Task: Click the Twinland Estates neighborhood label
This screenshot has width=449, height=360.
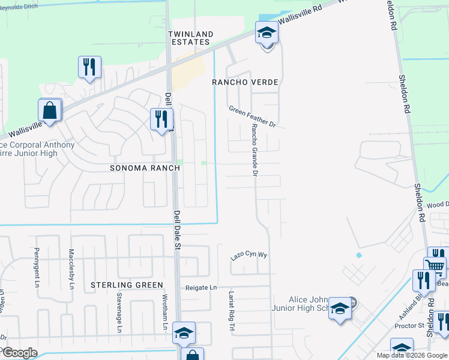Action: point(189,38)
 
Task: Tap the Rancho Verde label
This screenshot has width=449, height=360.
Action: point(246,82)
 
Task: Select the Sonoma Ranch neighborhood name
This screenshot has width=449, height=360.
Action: point(145,168)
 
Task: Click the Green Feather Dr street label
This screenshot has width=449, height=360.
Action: point(252,116)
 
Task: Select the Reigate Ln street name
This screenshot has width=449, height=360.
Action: point(201,288)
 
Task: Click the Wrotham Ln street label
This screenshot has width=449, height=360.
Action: point(164,313)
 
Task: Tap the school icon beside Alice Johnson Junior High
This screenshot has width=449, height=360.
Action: point(340,309)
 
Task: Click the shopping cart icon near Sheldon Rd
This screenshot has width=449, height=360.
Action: point(435,266)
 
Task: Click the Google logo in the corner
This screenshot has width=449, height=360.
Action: point(19,352)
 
